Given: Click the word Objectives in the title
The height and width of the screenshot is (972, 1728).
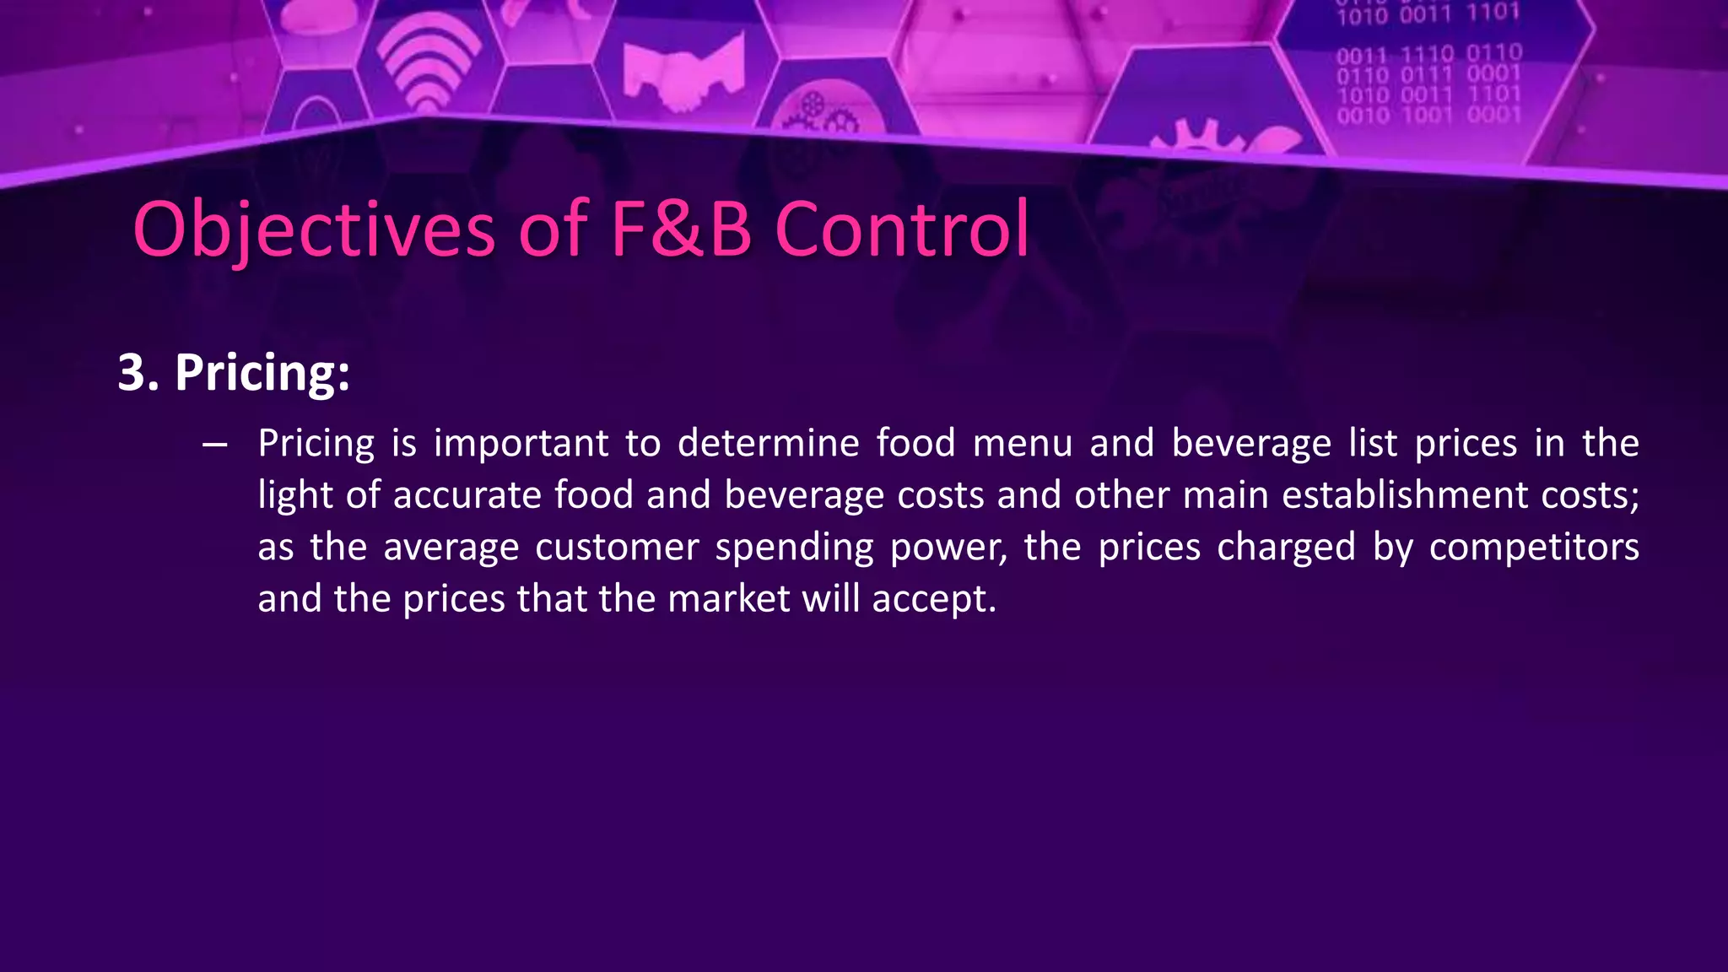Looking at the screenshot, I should pyautogui.click(x=314, y=229).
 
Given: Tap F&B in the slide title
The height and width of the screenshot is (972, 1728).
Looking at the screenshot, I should pyautogui.click(x=680, y=229).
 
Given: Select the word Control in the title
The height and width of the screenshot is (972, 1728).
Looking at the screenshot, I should pyautogui.click(x=902, y=229).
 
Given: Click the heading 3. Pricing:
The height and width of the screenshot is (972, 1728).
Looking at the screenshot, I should pyautogui.click(x=234, y=372).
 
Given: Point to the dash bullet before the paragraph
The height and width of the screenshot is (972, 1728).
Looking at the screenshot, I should pyautogui.click(x=215, y=445).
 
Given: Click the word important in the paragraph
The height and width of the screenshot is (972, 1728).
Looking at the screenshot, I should pyautogui.click(x=521, y=444).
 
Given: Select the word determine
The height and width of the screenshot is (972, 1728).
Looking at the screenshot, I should pyautogui.click(x=768, y=444).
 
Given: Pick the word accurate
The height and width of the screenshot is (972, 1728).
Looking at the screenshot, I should pyautogui.click(x=467, y=495).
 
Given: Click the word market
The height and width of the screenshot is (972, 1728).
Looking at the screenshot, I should pyautogui.click(x=727, y=599).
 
